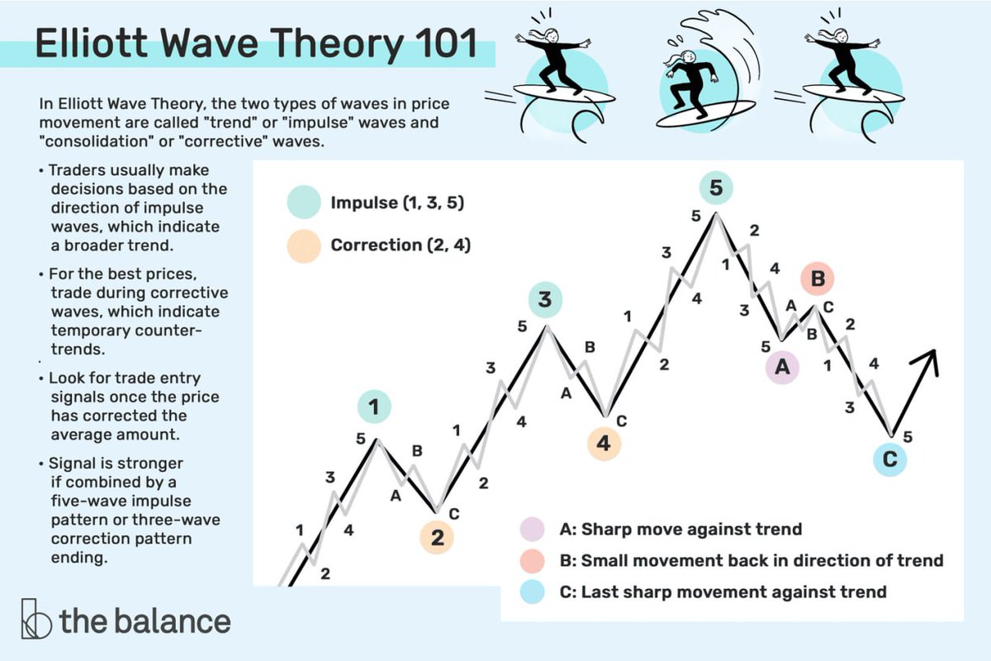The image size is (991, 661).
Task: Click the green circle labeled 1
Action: coord(374,407)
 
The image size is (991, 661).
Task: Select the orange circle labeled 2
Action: coord(437,537)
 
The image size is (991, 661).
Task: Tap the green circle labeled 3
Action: coord(545,301)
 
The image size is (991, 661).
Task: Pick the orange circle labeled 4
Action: coord(604,444)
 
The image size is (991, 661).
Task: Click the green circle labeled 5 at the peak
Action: coord(716,188)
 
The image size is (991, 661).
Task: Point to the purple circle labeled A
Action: coord(782,369)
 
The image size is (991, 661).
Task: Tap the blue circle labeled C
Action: coord(889,460)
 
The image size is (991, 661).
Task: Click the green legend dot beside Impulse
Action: coord(304,202)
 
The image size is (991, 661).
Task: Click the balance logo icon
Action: coord(36,619)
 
